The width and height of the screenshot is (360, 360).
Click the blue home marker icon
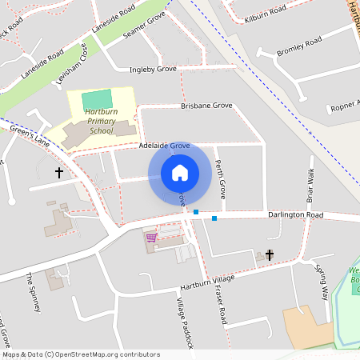click(180, 172)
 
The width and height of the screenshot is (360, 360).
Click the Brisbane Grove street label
click(206, 106)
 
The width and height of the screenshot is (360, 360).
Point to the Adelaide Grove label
click(163, 146)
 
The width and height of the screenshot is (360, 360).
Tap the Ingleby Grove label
click(152, 70)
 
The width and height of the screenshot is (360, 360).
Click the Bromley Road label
click(298, 46)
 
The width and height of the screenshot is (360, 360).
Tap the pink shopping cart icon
click(150, 237)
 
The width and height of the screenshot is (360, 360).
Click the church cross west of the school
click(58, 172)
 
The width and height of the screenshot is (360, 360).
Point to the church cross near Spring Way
click(270, 255)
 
